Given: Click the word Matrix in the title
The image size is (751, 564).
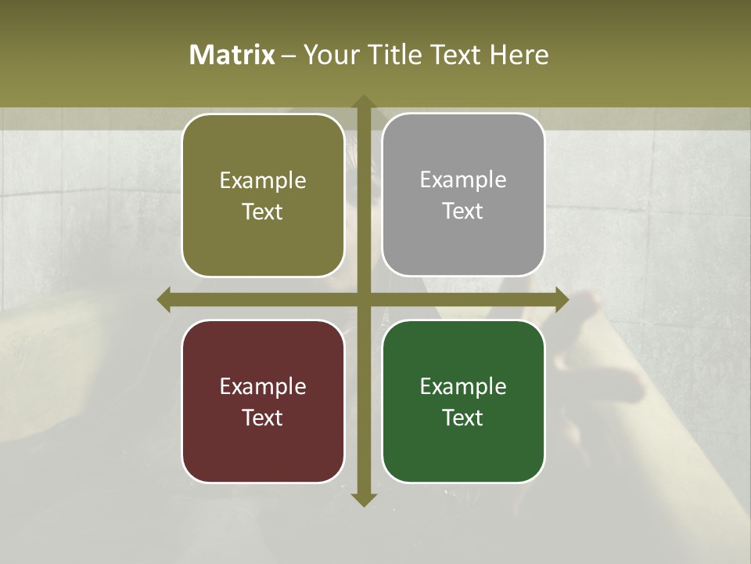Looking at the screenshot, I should click(232, 55).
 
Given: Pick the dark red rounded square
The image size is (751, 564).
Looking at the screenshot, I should click(263, 454).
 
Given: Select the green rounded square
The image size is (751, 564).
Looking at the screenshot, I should click(463, 454).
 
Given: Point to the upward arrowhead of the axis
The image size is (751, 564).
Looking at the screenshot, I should click(363, 103).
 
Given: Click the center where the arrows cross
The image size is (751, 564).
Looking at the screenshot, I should click(363, 299).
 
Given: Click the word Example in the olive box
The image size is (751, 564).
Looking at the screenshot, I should click(263, 181).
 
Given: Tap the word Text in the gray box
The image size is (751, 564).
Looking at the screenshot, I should click(463, 211).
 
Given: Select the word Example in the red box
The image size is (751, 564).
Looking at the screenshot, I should click(263, 387).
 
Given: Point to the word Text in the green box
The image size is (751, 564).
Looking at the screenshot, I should click(463, 418).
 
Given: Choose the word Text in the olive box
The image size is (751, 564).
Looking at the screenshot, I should click(263, 212).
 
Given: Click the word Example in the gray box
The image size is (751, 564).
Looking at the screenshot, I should click(463, 180).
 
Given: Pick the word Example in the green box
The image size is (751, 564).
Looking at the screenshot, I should click(463, 387).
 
